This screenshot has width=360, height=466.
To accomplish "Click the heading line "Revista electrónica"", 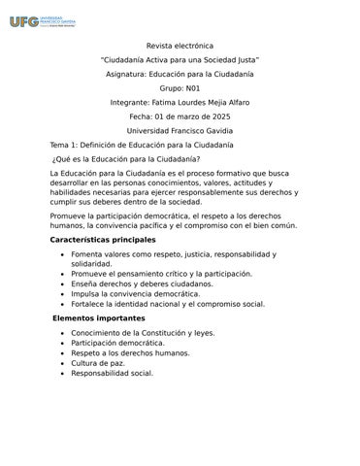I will click(x=180, y=46).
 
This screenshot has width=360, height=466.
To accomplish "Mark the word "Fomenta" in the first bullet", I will click(x=89, y=254).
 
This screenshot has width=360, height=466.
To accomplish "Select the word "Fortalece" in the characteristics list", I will click(x=92, y=304).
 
